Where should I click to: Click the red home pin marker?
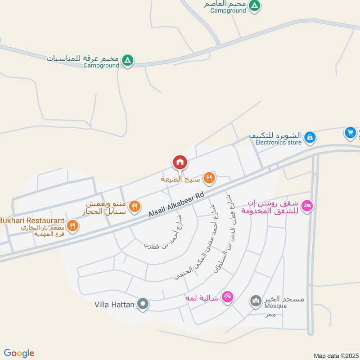pos(180,162)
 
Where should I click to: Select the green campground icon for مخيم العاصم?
pos(255,5)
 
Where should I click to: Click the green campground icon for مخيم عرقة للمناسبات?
pos(128,60)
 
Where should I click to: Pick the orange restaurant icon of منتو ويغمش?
pos(134,207)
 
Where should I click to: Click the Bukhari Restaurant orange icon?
pos(73,225)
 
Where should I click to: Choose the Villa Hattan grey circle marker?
pos(143,305)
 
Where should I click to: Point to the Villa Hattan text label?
pos(114,305)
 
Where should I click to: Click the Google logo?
pos(19,353)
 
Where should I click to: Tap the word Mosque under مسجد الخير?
pos(275,306)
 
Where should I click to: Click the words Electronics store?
pos(278,143)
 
